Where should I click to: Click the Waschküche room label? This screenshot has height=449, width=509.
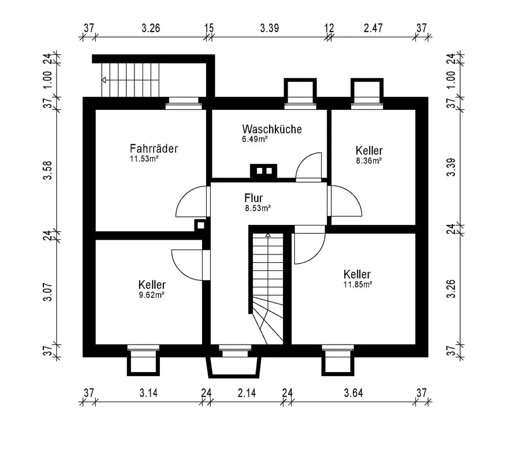click(x=272, y=129)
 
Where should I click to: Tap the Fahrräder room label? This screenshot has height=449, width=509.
click(x=154, y=149)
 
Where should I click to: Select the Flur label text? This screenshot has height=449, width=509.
click(x=253, y=198)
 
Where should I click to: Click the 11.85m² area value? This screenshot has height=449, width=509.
click(x=358, y=285)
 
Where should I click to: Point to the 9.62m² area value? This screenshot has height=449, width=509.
click(x=151, y=294)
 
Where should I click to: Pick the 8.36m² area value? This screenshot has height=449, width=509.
click(x=369, y=160)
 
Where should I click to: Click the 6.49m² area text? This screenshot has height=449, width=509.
click(x=255, y=138)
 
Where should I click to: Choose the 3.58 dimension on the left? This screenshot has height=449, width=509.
click(x=48, y=170)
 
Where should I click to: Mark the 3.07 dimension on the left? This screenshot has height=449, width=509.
click(x=48, y=294)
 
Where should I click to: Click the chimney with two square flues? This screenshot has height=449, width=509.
click(x=263, y=171)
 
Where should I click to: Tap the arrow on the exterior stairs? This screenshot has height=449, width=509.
click(x=104, y=80)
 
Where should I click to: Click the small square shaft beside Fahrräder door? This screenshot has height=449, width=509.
click(x=201, y=225)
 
